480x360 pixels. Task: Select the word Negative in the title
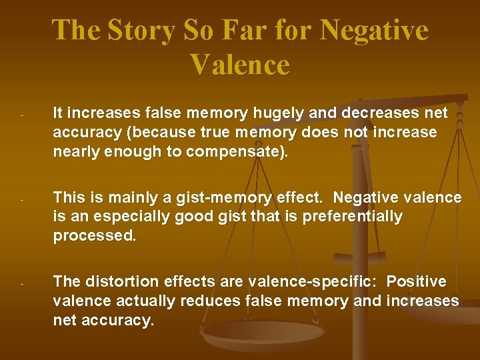pos(374,31)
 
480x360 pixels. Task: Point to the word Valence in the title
pos(240,65)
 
